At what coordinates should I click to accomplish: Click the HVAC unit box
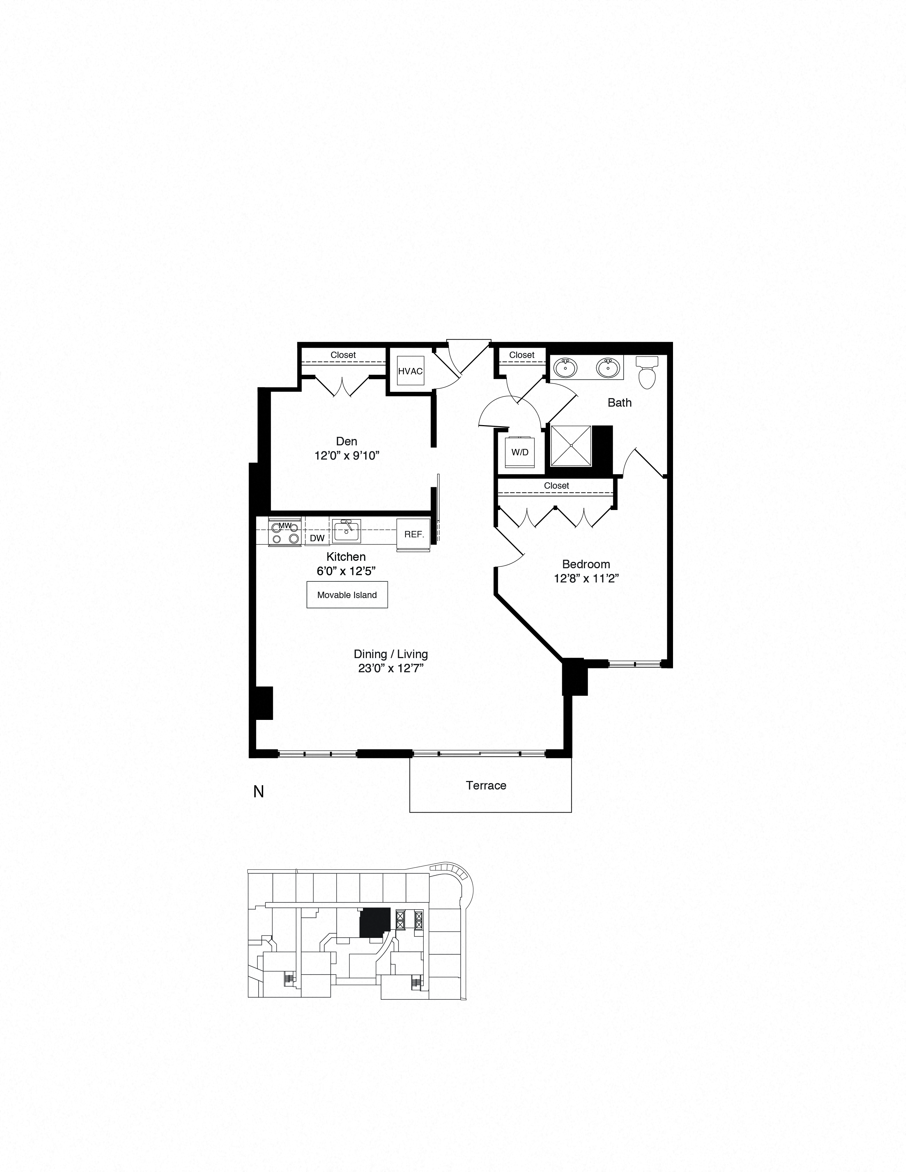tap(411, 371)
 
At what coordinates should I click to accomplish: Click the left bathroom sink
tap(565, 369)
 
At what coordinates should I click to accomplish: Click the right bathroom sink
tap(608, 369)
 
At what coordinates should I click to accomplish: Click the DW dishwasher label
tap(317, 538)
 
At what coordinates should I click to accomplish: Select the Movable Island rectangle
tap(347, 595)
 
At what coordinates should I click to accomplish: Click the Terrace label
tap(486, 786)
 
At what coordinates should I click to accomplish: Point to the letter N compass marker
tap(259, 792)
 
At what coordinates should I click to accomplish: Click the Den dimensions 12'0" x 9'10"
tap(347, 456)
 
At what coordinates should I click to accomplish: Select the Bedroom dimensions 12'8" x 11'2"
tap(586, 579)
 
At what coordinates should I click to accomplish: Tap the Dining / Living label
tap(390, 654)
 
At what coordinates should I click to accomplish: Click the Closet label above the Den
tap(343, 355)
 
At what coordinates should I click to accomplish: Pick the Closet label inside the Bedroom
tap(556, 485)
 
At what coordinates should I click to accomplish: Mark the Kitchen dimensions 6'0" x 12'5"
tap(346, 571)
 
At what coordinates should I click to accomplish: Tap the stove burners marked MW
tap(284, 532)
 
